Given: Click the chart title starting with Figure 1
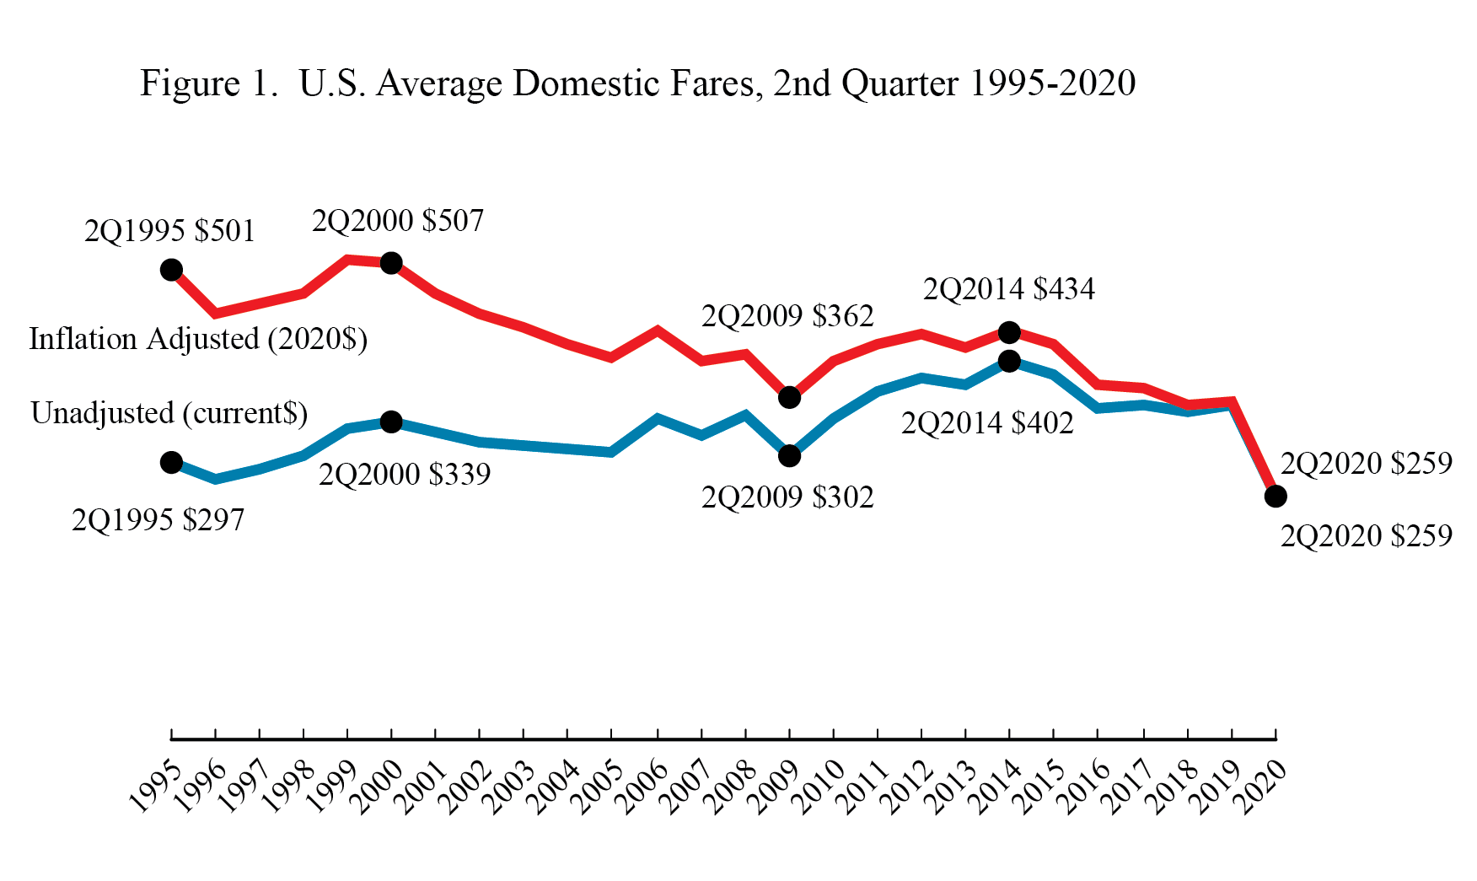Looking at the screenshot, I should pos(637,83).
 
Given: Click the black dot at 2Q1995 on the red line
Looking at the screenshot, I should pos(171,270).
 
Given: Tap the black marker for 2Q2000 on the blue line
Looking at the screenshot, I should pos(391,422).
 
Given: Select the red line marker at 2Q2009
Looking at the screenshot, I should pos(789,397).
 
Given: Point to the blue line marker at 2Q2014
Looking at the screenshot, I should pos(1009,362).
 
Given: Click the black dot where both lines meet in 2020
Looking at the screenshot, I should pos(1276,496).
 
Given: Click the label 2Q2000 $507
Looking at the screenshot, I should pos(398,221).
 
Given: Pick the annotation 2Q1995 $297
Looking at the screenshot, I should pos(158,520).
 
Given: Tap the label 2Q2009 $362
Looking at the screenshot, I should pos(787,316).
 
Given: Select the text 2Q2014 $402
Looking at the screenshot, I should pos(987,423).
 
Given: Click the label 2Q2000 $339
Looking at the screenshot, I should pos(405,475).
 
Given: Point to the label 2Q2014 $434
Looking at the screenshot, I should pos(1009,289).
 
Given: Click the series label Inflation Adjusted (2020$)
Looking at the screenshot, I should pos(198,339).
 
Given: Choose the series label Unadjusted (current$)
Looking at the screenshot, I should pos(169,413).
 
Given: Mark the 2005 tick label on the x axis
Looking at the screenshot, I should pos(597,786).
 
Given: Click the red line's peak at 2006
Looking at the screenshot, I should pos(657,330).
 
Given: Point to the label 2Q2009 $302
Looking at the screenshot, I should pos(787,497).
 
